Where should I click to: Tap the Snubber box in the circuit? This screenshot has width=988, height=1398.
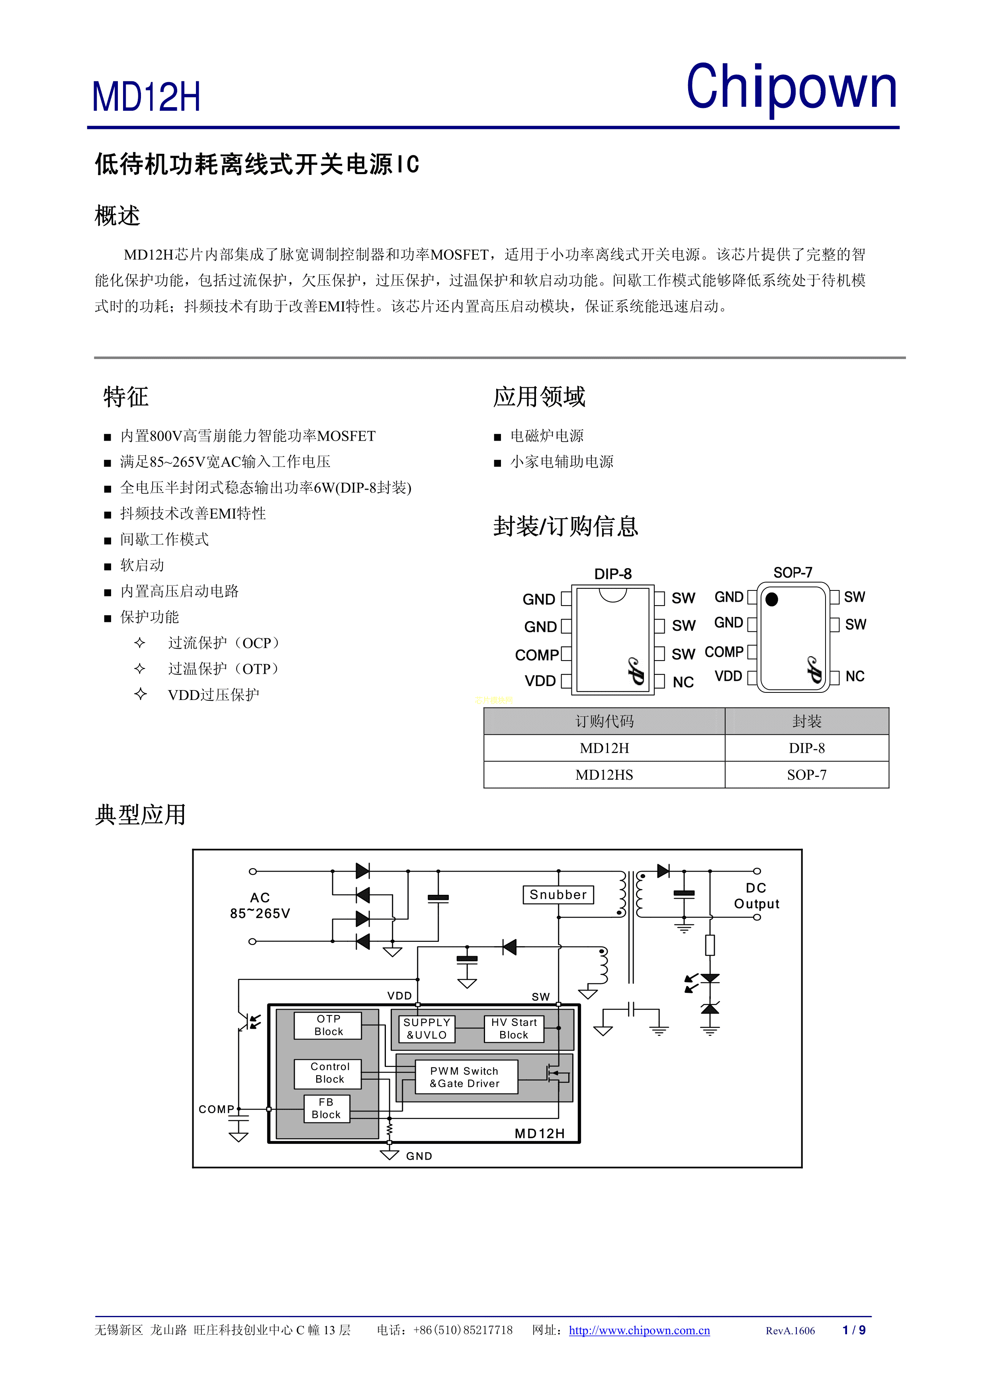pyautogui.click(x=558, y=894)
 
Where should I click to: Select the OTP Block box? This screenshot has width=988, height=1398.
pyautogui.click(x=328, y=1025)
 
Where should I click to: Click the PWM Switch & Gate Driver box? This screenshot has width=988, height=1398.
pyautogui.click(x=466, y=1077)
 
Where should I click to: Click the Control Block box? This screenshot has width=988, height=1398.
pyautogui.click(x=329, y=1073)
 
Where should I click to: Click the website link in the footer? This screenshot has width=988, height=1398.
pyautogui.click(x=639, y=1330)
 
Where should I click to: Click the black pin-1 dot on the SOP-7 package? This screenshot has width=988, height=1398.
pyautogui.click(x=772, y=600)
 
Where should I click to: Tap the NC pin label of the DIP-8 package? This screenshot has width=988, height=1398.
pyautogui.click(x=683, y=682)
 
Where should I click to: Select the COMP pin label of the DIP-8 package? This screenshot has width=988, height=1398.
pyautogui.click(x=536, y=655)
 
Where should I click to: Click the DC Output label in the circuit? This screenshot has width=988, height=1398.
pyautogui.click(x=756, y=896)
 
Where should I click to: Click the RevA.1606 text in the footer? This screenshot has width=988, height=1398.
pyautogui.click(x=790, y=1331)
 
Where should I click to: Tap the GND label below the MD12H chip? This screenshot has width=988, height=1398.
pyautogui.click(x=419, y=1156)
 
